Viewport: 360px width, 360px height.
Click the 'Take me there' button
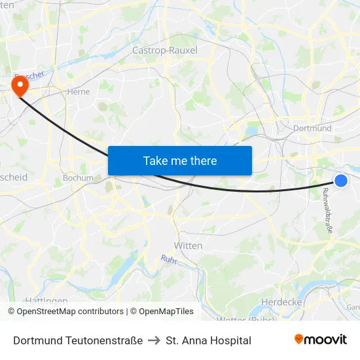180,160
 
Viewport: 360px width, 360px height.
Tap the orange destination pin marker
20,85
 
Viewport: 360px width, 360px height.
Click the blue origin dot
341,181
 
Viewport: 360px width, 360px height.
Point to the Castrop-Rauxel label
165,50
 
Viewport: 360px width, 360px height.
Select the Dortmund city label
313,128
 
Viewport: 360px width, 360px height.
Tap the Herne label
79,92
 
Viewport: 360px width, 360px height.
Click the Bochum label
78,177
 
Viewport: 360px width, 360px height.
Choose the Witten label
188,245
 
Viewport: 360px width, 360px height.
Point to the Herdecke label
281,302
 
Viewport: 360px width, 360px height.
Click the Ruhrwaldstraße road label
327,211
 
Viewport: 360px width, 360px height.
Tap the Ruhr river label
169,260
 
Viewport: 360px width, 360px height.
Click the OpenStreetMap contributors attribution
66,312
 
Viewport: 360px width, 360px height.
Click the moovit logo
321,340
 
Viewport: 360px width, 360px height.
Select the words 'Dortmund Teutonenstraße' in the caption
78,340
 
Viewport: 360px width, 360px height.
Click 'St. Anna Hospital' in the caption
209,340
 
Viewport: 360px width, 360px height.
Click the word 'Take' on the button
155,160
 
